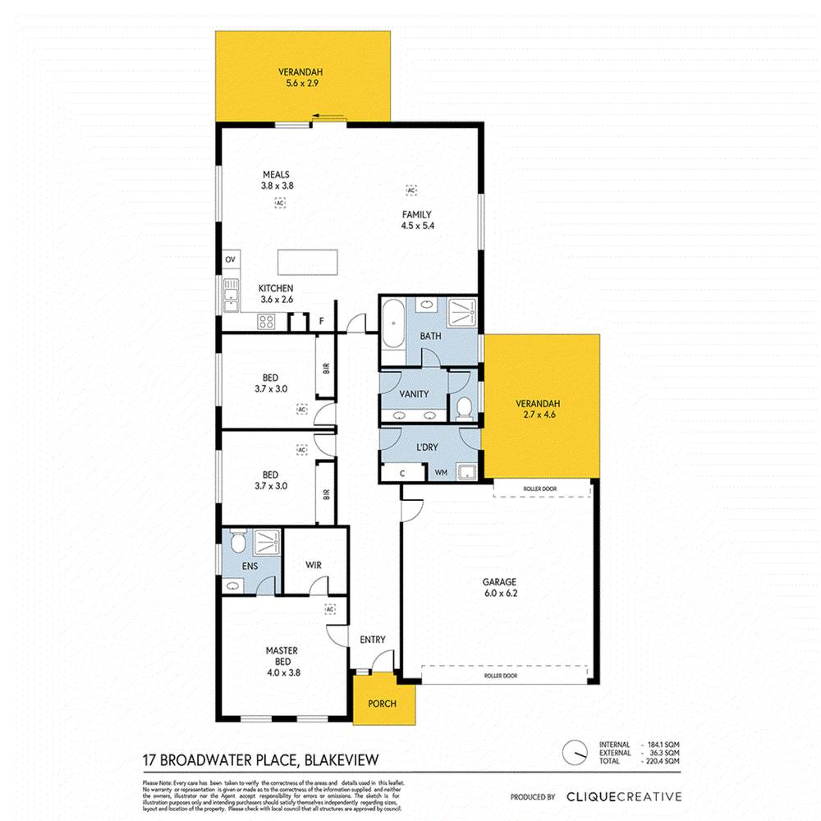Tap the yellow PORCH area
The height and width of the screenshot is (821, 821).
click(382, 704)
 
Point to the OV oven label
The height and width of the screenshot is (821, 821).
click(230, 260)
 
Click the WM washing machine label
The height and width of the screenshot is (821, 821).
click(440, 473)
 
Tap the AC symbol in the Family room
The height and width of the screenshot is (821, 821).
click(410, 190)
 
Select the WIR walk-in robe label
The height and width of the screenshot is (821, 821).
click(313, 565)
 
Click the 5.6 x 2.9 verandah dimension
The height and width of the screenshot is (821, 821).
click(295, 83)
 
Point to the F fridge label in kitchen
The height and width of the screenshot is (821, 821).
click(321, 322)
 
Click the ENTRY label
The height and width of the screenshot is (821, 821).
click(372, 640)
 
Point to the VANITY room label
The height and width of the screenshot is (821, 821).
click(414, 393)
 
